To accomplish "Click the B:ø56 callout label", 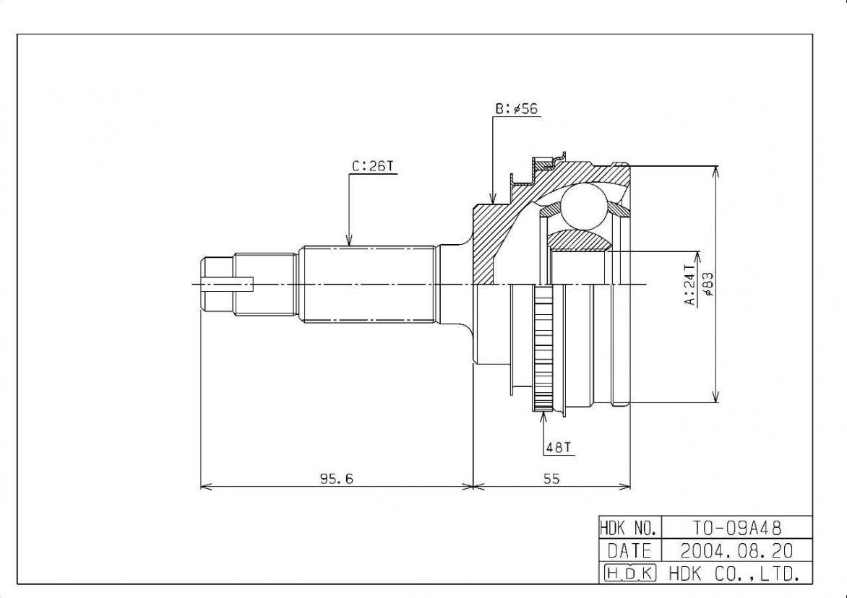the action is [x=517, y=109].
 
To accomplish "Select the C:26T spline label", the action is [x=373, y=167].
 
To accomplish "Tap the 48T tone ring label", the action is [x=558, y=448].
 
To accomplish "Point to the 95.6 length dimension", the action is [x=337, y=478].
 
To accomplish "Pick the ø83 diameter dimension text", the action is [x=708, y=284].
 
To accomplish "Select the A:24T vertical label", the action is [x=691, y=284].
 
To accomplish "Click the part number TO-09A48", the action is [x=736, y=526].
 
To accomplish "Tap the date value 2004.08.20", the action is [x=737, y=550].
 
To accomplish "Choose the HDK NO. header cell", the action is [x=629, y=526].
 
